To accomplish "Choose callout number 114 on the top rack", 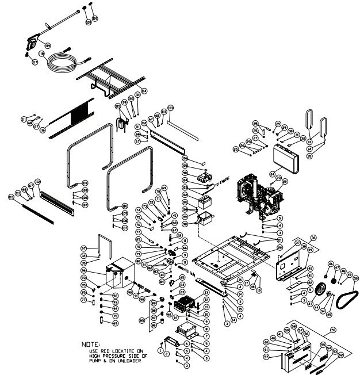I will pyautogui.click(x=144, y=90).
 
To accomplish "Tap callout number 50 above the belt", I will pyautogui.click(x=355, y=278).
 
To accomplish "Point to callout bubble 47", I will pyautogui.click(x=337, y=268).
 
